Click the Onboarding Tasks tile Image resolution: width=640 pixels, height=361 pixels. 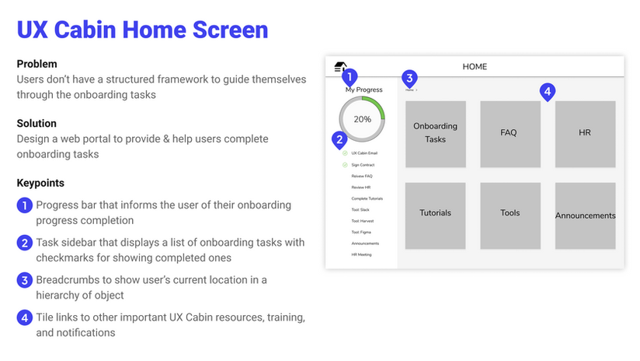coord(435,133)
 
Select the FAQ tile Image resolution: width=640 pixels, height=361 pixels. coord(509,133)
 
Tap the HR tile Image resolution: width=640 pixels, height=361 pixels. coord(585,133)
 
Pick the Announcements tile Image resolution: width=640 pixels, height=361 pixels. coord(585,216)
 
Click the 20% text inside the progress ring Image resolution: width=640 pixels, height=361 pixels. coord(362,120)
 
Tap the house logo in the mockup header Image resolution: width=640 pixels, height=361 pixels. coord(339,67)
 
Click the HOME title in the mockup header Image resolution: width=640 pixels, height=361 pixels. coord(475,67)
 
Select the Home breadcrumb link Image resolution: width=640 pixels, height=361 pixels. coord(409,90)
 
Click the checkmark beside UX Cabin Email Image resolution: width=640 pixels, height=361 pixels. coord(345,153)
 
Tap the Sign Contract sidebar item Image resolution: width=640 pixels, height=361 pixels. coord(363,165)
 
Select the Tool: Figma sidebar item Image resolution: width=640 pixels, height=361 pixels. coord(363,232)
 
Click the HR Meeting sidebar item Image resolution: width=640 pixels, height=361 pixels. coord(362,254)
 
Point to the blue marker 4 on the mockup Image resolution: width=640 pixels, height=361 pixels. coord(547,91)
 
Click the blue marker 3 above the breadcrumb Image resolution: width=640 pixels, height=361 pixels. coord(410,78)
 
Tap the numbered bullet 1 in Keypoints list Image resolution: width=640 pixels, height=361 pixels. coord(25,206)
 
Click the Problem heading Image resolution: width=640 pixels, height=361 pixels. coord(37,64)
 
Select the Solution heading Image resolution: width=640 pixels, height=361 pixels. coord(37,124)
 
